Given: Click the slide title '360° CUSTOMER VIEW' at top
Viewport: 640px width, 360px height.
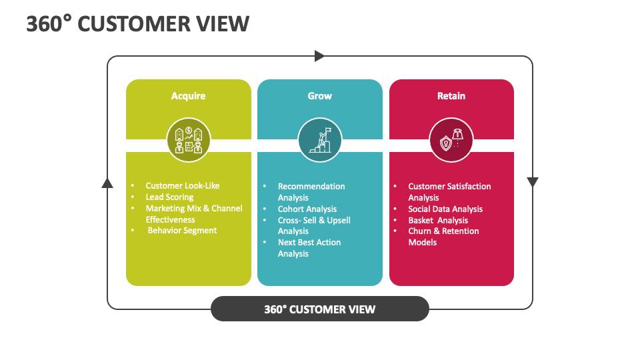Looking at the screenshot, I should [137, 23].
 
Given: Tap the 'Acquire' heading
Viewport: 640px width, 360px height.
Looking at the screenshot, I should [188, 96].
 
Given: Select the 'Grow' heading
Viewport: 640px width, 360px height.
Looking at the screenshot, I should [319, 96].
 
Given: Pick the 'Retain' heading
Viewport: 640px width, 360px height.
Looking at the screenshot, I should [451, 96].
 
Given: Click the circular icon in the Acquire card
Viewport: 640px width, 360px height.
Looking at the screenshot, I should [188, 140].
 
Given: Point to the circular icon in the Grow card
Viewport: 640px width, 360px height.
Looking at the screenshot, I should [319, 140].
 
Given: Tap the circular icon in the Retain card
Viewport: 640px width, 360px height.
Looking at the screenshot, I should [451, 140].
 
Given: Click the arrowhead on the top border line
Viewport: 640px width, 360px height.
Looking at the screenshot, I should [319, 56].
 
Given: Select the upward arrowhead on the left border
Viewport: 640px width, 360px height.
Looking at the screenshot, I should [107, 183].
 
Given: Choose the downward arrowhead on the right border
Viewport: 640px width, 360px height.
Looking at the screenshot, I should [532, 182].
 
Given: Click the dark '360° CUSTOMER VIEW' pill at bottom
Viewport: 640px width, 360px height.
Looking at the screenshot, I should [319, 309].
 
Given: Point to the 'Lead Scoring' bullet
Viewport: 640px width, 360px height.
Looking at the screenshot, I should [169, 197].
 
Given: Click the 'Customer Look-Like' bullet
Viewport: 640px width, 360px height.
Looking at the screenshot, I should [182, 185].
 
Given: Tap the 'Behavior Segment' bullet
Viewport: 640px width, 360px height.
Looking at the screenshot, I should [182, 231].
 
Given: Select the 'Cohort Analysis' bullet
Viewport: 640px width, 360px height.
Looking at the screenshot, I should [307, 209].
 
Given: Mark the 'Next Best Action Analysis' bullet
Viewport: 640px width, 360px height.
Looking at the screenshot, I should [309, 248].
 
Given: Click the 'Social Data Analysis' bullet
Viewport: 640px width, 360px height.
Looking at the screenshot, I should [445, 209].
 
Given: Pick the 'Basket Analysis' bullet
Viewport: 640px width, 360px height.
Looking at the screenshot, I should [438, 220].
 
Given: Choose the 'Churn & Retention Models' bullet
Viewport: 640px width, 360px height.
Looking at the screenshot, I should [443, 237].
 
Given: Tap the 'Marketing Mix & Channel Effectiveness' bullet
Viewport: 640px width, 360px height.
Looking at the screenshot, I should [193, 213].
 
